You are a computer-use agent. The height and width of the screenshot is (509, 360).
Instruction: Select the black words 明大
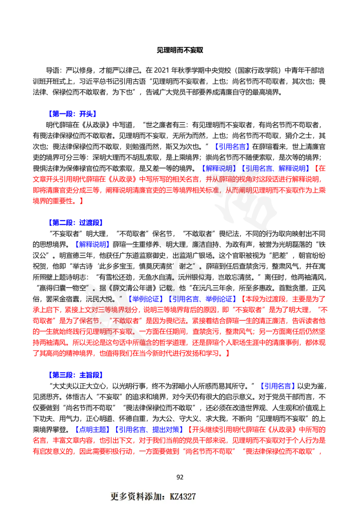(173, 245)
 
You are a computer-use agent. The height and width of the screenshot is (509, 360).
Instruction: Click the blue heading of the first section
(72, 114)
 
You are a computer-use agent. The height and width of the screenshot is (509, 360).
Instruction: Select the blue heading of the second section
(76, 222)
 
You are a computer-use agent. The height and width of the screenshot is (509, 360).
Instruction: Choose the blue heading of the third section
(76, 375)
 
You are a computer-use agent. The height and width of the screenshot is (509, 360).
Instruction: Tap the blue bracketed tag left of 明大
(93, 245)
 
